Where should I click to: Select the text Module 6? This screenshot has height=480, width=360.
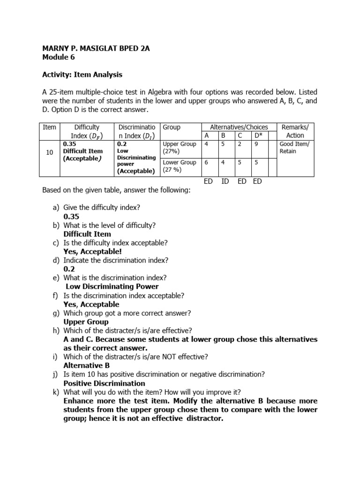pos(58,57)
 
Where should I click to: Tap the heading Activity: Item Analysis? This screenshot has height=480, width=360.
pos(82,74)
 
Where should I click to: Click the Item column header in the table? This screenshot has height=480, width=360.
pos(49,127)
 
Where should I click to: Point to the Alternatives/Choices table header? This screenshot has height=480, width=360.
pos(239,127)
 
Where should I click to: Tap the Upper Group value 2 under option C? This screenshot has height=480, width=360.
pos(239,144)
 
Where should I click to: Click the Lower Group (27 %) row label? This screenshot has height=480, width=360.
pos(179,166)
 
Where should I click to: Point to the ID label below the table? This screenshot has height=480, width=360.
pos(225,181)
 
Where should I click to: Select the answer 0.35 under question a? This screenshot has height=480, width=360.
pos(71,217)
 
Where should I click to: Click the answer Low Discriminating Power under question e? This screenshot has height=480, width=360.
pos(112,286)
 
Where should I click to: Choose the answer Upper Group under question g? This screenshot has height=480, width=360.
pos(86,322)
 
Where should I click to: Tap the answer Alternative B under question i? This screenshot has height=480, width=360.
pos(86,365)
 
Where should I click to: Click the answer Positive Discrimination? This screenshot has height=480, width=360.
pos(97,383)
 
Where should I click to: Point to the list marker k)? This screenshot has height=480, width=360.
pos(55,392)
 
